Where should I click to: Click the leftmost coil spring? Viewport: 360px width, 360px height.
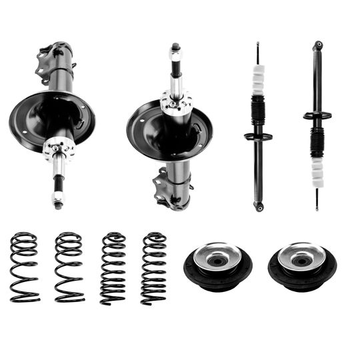coord(24,267)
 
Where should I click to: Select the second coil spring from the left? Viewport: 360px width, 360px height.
coord(69,267)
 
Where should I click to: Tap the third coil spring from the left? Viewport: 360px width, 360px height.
coord(113,268)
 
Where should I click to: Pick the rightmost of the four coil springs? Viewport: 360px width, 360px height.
coord(154,268)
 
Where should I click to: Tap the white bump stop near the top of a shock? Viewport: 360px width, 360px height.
coord(258,82)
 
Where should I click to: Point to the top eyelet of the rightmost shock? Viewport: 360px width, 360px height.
coord(319,45)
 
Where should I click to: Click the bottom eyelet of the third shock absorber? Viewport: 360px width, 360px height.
coord(259,207)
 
